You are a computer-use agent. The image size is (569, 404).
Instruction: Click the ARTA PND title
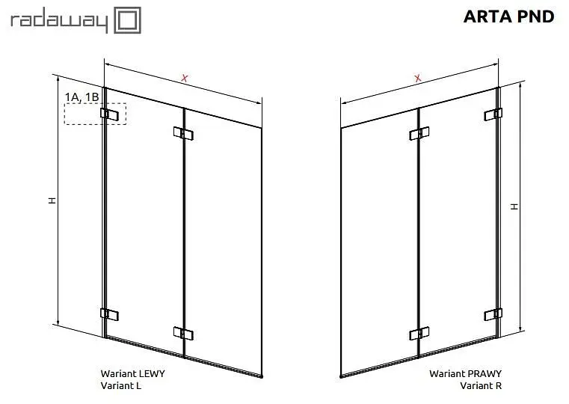(508, 16)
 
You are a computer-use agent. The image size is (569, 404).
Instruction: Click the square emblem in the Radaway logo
(127, 20)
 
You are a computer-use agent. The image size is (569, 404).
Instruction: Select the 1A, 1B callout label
(81, 97)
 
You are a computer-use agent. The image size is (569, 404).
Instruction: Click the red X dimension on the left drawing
(185, 78)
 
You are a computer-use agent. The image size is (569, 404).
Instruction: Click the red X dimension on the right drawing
(418, 78)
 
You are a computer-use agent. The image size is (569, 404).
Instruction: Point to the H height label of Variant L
(52, 201)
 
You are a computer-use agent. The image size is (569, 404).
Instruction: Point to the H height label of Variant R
(514, 206)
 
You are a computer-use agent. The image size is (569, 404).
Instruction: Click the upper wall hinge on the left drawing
(109, 114)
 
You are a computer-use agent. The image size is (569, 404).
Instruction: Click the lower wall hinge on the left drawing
(109, 314)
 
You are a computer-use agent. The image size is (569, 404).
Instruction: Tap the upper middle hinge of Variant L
(183, 133)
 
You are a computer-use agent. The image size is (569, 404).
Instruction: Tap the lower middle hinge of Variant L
(183, 333)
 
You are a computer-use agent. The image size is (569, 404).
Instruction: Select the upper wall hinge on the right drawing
(493, 114)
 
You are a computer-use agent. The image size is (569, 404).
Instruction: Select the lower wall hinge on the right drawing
(493, 314)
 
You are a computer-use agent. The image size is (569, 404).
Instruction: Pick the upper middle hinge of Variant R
(419, 133)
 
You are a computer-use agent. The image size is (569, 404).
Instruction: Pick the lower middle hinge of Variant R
(419, 333)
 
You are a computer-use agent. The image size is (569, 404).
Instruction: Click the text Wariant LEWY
(133, 373)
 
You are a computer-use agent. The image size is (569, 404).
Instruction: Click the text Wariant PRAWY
(465, 373)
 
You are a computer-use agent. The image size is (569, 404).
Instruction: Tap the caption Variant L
(121, 385)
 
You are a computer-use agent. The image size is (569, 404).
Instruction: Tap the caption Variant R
(481, 385)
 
